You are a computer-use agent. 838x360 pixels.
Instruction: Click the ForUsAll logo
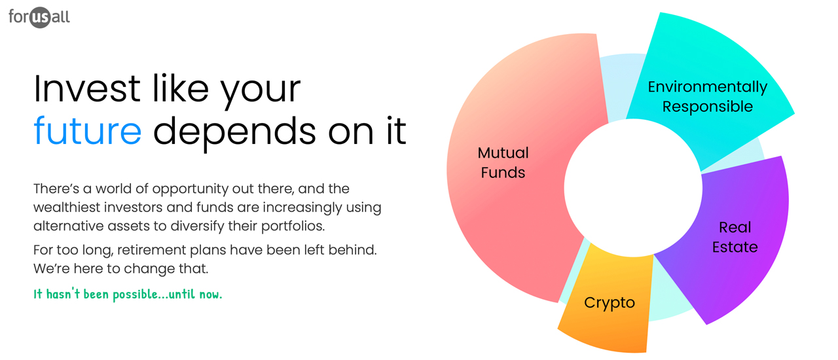click(x=39, y=16)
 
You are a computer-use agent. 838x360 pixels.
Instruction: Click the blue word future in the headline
click(x=87, y=130)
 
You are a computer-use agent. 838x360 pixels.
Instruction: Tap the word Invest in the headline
click(x=86, y=88)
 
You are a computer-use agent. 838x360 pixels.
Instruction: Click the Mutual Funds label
click(x=503, y=162)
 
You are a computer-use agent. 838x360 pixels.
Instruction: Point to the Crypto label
click(x=610, y=303)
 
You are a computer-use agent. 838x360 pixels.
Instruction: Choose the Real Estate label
click(x=735, y=237)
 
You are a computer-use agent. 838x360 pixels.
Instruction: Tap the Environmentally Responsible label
click(x=707, y=96)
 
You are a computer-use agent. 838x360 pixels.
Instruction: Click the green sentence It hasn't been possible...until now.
click(x=128, y=295)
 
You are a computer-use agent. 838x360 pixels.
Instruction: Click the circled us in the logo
click(x=40, y=18)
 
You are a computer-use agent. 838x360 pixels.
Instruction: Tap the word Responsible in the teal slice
click(x=707, y=107)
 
